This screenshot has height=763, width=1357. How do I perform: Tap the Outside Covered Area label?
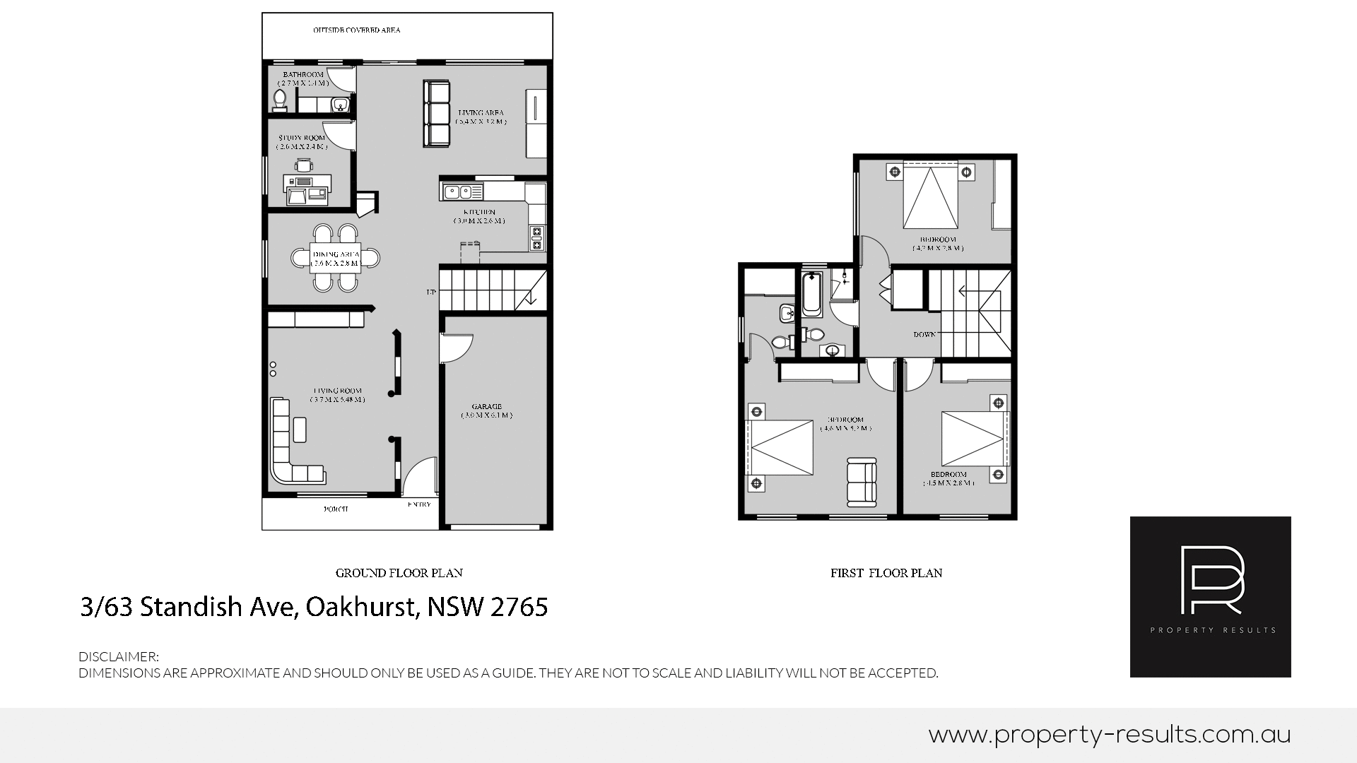[356, 30]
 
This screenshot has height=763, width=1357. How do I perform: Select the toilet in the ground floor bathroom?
[279, 100]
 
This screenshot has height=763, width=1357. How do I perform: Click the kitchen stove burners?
[536, 238]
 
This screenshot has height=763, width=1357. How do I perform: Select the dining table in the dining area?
[336, 258]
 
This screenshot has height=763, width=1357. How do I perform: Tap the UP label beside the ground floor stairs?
[430, 292]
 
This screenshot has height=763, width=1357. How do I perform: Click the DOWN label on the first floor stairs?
[924, 334]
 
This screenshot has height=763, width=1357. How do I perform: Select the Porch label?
[336, 509]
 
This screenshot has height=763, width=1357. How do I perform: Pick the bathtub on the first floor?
[811, 295]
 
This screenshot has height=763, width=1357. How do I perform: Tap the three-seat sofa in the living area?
[436, 114]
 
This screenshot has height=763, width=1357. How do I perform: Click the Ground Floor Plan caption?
[399, 573]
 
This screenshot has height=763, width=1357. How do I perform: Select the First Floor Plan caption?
[886, 573]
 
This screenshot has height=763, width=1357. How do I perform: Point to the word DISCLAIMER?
[118, 656]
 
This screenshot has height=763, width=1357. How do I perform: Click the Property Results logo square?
[1210, 596]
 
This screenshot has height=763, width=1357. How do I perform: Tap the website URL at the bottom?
[1109, 735]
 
